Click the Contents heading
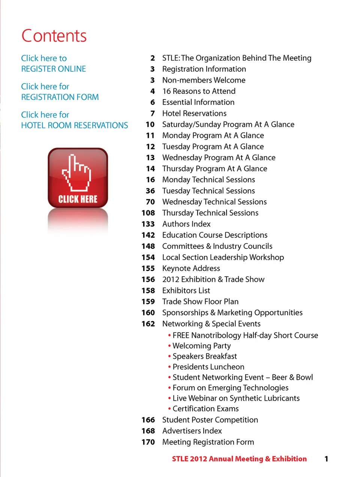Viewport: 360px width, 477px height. point(54,36)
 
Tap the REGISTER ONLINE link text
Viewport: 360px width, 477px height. point(54,69)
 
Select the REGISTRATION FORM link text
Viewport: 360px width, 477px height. point(60,97)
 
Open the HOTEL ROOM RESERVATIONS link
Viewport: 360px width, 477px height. point(75,125)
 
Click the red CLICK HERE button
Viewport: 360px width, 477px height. point(78,178)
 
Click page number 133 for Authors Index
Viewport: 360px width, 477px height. point(148,224)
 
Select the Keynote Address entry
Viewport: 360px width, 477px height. point(191,268)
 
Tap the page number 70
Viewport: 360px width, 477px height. point(150,202)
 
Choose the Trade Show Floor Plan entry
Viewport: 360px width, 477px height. point(200,302)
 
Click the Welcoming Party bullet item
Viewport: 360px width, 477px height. point(201,346)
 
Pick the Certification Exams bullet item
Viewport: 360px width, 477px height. point(205,409)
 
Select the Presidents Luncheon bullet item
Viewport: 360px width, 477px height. point(208,367)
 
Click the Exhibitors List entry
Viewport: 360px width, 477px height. point(186,290)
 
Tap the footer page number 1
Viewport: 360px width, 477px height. point(326,459)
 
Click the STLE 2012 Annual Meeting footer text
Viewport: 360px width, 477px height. point(239,459)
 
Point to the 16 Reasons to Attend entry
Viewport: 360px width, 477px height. point(199,91)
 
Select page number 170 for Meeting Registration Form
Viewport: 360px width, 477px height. point(148,442)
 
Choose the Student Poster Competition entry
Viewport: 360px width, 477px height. point(210,420)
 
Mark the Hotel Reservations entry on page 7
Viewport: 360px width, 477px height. point(194,113)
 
